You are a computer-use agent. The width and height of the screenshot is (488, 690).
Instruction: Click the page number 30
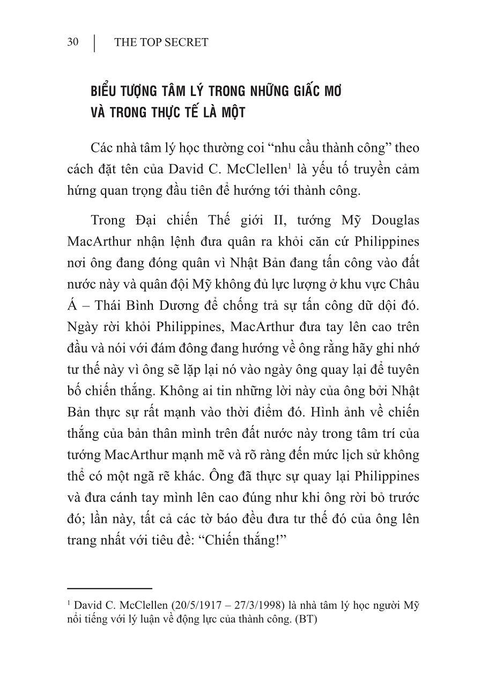point(73,42)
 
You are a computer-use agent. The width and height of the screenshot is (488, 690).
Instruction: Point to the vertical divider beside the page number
point(95,43)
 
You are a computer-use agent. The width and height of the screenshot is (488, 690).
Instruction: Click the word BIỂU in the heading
point(103,91)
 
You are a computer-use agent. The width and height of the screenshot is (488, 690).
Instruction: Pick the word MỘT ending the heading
point(232,113)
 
